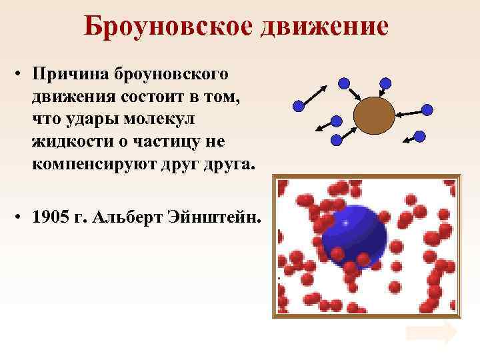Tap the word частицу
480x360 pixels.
click(x=173, y=141)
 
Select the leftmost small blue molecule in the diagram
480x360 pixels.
click(x=299, y=105)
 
